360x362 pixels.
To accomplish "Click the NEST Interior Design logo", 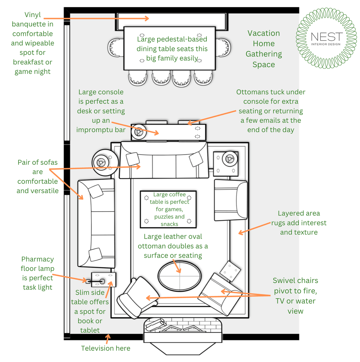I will (x=326, y=38).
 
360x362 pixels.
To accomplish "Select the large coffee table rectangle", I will (x=169, y=209).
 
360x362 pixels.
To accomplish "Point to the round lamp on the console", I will (x=139, y=132).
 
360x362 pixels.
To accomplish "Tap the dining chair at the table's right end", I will (x=224, y=48).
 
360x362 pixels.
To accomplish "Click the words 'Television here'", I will (x=106, y=348).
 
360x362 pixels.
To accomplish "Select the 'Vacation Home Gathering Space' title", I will (x=264, y=49).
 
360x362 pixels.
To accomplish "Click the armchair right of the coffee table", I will (x=230, y=200).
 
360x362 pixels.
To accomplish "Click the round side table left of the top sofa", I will (x=103, y=162).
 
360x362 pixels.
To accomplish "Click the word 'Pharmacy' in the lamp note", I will (x=37, y=259).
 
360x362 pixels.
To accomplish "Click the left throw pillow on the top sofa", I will (x=133, y=159).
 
